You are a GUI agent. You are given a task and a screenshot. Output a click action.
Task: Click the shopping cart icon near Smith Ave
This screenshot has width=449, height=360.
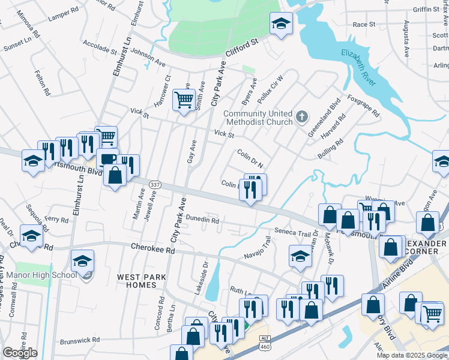(x=184, y=99)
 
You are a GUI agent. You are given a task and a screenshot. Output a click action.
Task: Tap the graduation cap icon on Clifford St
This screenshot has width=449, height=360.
(x=280, y=23)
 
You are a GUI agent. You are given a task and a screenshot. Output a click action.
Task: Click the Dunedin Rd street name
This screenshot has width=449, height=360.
(x=202, y=220)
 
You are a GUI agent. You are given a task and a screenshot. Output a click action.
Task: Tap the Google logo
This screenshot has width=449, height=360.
(x=20, y=353)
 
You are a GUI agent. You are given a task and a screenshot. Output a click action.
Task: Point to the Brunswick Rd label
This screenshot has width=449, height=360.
(x=79, y=341)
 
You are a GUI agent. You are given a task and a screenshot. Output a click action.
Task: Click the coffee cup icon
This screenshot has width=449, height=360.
(x=108, y=159)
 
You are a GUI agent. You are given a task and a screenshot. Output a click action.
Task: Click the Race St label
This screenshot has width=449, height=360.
(x=364, y=25)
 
